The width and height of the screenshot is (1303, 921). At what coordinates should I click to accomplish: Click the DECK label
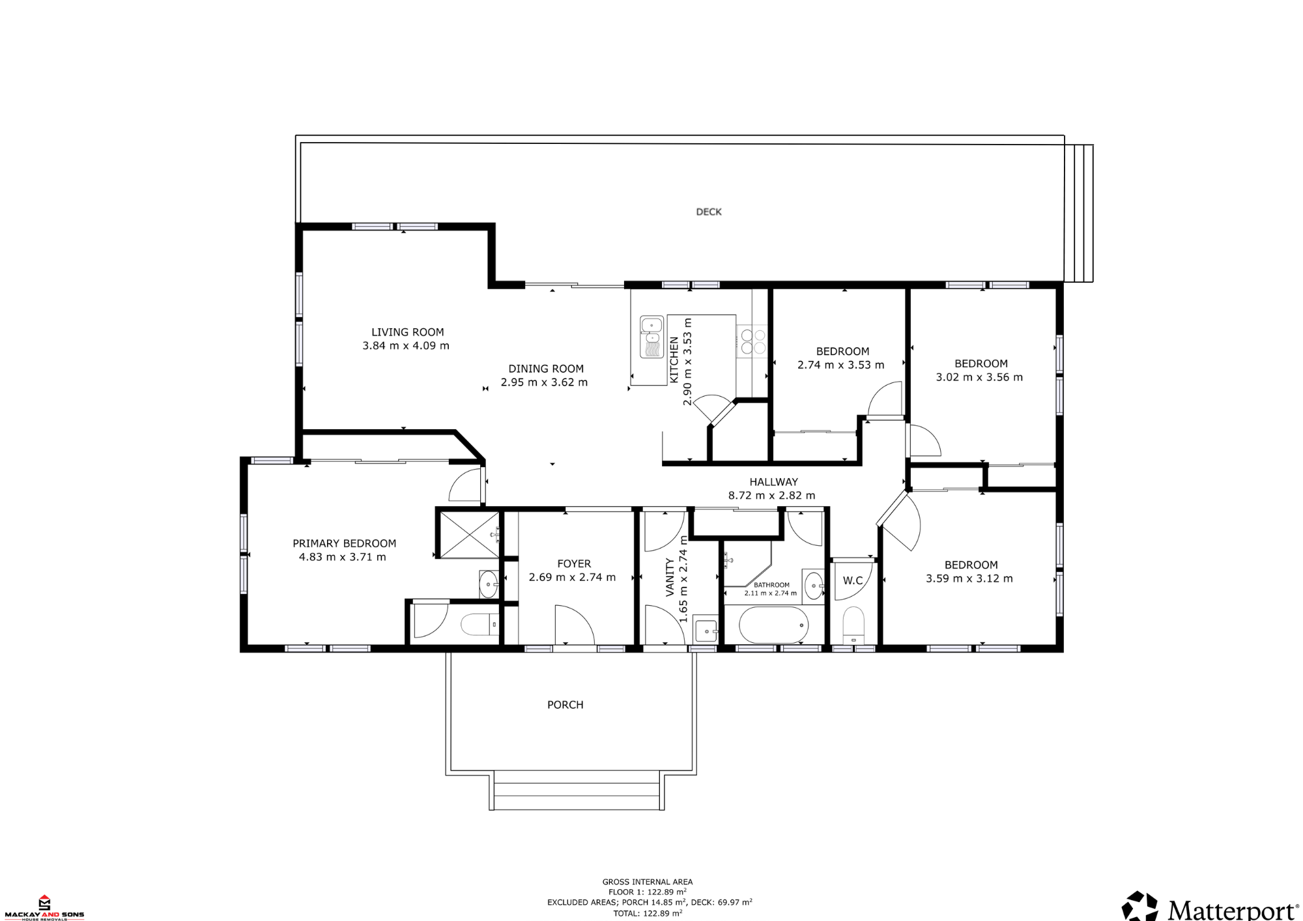click(709, 212)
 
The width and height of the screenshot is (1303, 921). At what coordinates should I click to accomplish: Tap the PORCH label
click(566, 705)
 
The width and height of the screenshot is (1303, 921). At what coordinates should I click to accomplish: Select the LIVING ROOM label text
click(408, 332)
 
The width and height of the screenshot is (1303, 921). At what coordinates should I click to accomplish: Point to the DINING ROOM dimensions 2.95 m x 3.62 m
click(544, 382)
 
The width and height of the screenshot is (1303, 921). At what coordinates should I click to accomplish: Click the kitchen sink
click(651, 337)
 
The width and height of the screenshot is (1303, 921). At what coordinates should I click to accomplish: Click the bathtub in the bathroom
click(774, 625)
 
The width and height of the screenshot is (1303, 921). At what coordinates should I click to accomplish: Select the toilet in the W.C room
click(853, 625)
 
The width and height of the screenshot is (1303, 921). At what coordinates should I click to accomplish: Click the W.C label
click(853, 581)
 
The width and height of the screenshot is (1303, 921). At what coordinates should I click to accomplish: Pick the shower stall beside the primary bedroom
click(469, 535)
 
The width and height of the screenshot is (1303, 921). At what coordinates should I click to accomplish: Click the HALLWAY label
click(773, 482)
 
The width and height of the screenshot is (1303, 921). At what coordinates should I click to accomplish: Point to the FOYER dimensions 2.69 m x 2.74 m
click(572, 577)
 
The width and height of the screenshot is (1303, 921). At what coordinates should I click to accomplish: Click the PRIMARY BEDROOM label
click(344, 543)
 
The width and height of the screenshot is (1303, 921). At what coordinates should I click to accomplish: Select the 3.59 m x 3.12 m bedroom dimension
click(969, 578)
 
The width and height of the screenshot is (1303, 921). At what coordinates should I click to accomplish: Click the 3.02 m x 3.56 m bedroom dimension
click(979, 377)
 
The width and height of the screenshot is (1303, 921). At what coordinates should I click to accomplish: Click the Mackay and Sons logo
click(44, 907)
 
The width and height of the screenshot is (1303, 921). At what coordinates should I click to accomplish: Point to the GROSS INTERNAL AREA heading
click(648, 882)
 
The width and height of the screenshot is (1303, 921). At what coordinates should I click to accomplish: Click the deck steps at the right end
click(1079, 213)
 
